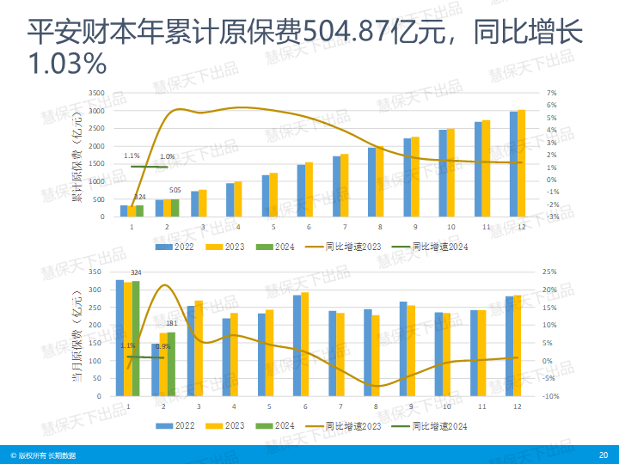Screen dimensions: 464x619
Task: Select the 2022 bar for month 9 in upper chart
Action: click(x=408, y=178)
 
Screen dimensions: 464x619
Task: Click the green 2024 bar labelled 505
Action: click(x=175, y=208)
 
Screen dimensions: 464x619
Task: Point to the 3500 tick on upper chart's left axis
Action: click(x=96, y=93)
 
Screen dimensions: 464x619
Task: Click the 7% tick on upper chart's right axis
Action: click(x=552, y=93)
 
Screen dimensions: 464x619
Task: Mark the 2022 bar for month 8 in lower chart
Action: click(x=368, y=353)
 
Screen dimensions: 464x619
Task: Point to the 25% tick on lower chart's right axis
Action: click(x=551, y=272)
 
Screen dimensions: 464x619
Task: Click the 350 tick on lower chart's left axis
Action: click(x=96, y=272)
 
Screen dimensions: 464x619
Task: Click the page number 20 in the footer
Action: click(x=603, y=455)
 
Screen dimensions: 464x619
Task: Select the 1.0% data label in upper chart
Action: click(x=168, y=156)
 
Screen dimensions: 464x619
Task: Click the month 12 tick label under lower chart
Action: click(x=517, y=405)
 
